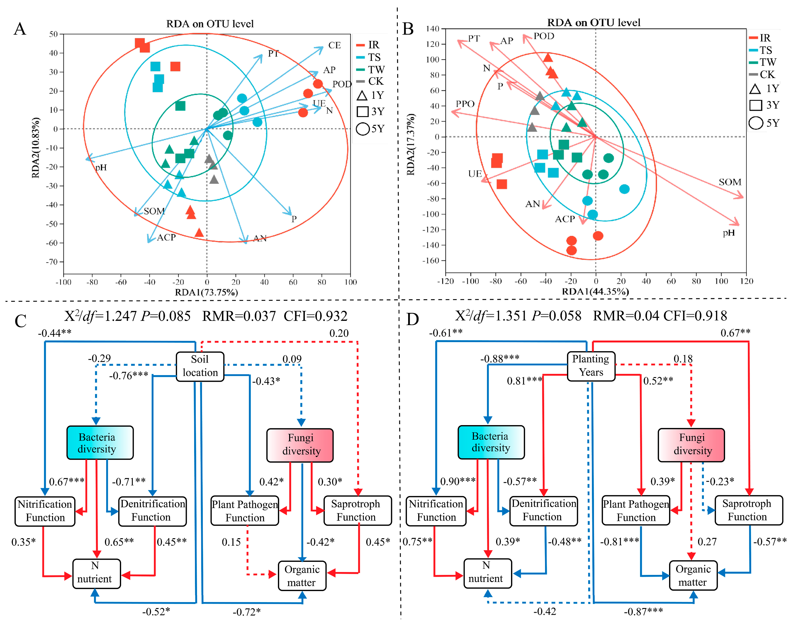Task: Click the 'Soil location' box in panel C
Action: (200, 366)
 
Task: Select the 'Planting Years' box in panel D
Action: (591, 366)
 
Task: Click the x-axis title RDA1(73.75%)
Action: (206, 292)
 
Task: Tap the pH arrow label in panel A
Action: (101, 167)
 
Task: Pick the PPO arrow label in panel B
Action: (465, 104)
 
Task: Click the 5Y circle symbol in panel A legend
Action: (363, 129)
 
